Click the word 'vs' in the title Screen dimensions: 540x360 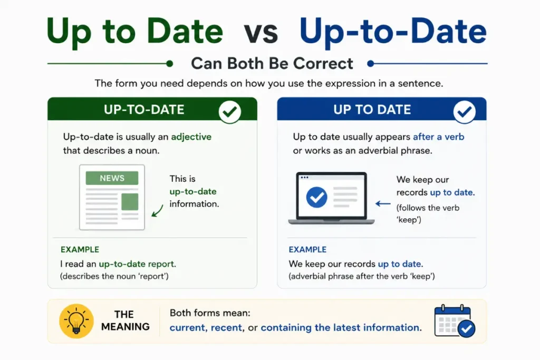[x=261, y=33]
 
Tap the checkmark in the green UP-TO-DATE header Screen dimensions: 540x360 [x=230, y=112]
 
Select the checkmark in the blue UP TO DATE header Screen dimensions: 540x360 [x=464, y=112]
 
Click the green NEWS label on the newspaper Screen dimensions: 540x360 [x=112, y=178]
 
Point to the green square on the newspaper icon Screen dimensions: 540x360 [x=130, y=202]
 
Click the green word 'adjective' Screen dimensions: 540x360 [x=191, y=137]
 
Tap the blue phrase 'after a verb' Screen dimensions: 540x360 [x=438, y=137]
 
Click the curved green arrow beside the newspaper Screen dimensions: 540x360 [x=157, y=211]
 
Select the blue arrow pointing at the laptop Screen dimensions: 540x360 [x=383, y=204]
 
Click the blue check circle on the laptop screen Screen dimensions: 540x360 [x=316, y=197]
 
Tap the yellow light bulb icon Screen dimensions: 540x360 [x=76, y=321]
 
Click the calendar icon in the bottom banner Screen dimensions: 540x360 [x=455, y=321]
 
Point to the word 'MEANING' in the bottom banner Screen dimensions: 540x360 [x=126, y=327]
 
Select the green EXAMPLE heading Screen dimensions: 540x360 [x=80, y=249]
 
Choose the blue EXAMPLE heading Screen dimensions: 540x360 [x=307, y=249]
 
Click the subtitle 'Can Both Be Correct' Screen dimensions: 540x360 [x=272, y=63]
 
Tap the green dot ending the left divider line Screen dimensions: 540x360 [x=169, y=63]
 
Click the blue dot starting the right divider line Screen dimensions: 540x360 [x=371, y=63]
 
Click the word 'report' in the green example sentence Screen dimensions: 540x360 [x=161, y=264]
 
